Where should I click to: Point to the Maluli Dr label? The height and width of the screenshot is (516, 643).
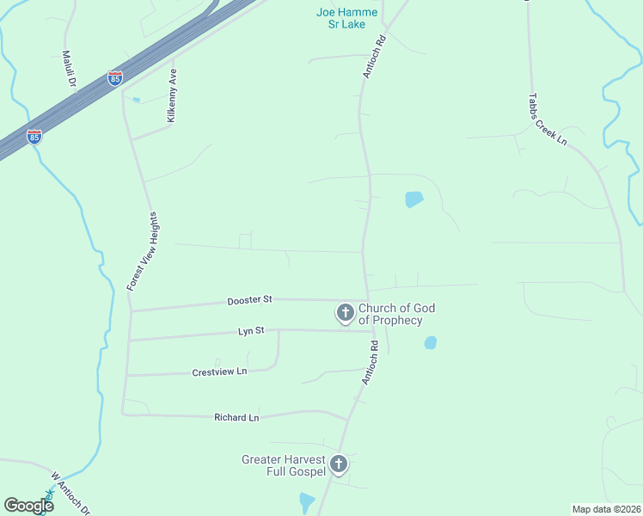coord(68,69)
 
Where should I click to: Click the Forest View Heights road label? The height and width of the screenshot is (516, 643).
coord(144,249)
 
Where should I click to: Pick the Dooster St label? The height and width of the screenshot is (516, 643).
coord(249,300)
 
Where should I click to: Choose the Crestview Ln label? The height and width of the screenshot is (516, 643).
coord(219,372)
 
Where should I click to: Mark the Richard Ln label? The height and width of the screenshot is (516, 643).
coord(236,417)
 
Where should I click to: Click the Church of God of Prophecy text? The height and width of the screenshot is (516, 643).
coord(396,314)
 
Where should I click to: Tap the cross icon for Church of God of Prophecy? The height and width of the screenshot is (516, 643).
coord(345,313)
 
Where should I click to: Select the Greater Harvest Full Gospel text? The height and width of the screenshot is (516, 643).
coord(284,465)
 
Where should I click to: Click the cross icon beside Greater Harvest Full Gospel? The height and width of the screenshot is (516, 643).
coord(339,465)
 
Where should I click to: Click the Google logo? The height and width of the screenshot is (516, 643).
coord(28,505)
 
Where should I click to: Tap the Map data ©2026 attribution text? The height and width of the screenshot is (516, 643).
coord(605,509)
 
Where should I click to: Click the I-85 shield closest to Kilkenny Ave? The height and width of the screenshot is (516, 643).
coord(115,78)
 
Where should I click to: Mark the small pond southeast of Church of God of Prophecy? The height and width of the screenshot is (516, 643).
coord(431,342)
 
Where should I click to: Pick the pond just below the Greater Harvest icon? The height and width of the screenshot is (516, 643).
coord(306,501)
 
